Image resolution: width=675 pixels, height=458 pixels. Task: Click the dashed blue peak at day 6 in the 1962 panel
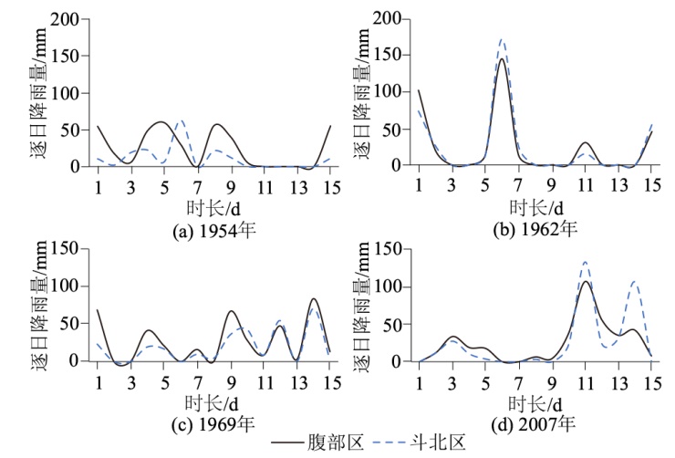(x=502, y=39)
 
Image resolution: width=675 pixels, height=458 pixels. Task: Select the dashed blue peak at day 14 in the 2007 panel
(x=633, y=282)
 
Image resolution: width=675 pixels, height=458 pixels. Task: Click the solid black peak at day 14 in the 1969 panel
(x=314, y=299)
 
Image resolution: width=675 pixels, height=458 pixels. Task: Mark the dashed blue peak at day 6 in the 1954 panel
(x=180, y=120)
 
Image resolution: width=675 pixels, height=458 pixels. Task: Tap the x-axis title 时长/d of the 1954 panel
(x=213, y=208)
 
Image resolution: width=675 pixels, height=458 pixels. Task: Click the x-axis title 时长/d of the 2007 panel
(x=536, y=403)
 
